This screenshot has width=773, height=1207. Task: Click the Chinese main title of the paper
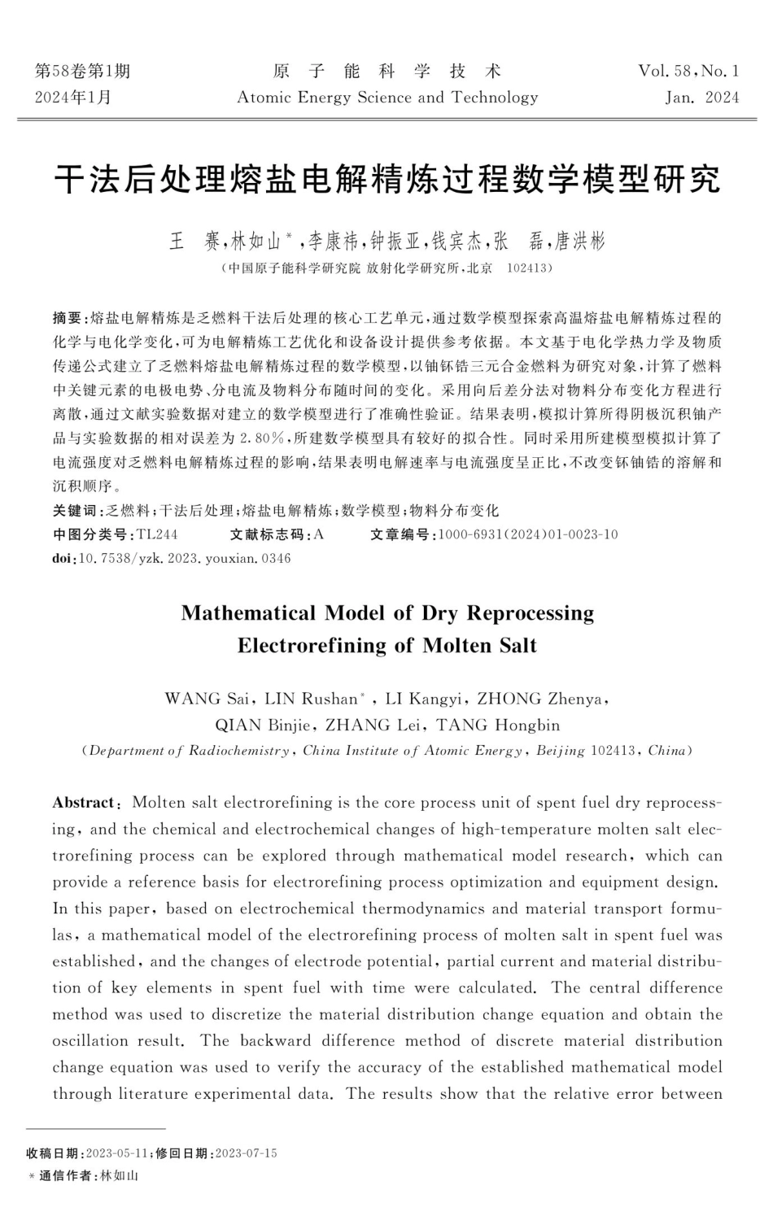[387, 178]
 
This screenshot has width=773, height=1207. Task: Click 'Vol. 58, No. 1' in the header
[688, 72]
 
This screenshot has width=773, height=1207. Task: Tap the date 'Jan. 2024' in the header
[701, 98]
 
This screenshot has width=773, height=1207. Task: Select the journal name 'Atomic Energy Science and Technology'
[387, 98]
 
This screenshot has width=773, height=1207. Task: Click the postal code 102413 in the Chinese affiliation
[529, 268]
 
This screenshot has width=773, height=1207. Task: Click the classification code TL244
[157, 534]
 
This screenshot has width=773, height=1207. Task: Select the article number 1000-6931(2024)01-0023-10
[528, 534]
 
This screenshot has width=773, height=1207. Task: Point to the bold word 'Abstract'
[84, 803]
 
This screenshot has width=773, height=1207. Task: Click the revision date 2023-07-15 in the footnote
[245, 1153]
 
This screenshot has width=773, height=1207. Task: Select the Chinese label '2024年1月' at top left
[73, 98]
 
